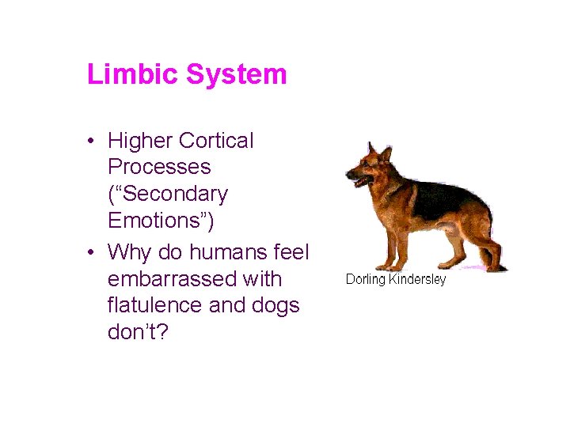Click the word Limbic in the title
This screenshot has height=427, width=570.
pos(133,75)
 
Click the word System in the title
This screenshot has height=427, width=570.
pos(236,75)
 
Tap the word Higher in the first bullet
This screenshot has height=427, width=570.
pos(141,142)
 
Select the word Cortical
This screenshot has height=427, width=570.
pos(217,141)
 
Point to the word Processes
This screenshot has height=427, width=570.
pos(159,168)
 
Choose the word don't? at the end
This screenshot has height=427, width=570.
pos(138,332)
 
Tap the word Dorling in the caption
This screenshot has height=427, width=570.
pos(365,280)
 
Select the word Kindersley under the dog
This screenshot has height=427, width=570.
pos(417,280)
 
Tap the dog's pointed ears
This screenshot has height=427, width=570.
pos(378,149)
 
